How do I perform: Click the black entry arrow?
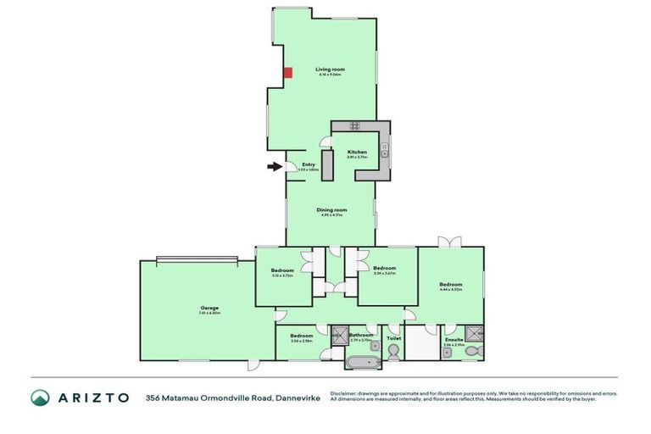point(274,167)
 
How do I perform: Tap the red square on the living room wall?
point(287,73)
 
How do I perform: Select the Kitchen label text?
point(357,152)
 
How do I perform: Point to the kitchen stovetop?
point(353,126)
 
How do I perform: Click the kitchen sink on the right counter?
point(385,153)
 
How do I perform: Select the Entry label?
point(308,164)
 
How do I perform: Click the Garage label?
point(209,308)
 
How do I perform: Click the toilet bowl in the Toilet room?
point(392,354)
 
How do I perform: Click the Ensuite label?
point(453,340)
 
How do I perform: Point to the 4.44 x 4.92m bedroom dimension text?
point(450,290)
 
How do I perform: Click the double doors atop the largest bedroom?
point(449,242)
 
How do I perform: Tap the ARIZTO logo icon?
point(41,397)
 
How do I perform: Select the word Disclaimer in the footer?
point(345,393)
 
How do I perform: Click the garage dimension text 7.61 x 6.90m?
point(209,314)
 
